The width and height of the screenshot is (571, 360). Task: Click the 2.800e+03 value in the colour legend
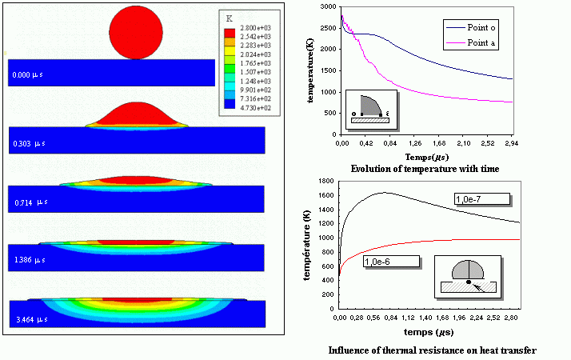254,28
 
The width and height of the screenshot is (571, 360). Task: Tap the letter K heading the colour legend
230,17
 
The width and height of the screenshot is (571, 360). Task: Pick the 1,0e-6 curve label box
391,261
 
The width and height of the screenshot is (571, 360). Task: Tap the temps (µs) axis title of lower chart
430,330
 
